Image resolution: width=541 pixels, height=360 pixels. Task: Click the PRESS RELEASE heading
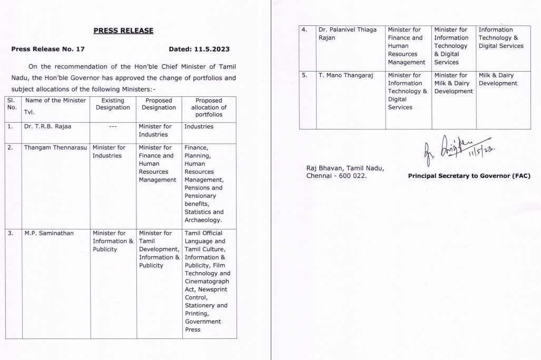pos(123,31)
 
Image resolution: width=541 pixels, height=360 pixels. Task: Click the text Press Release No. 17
pos(48,49)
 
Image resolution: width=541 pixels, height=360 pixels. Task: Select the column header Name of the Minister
pos(55,101)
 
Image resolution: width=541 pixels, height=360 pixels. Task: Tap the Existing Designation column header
pos(113,104)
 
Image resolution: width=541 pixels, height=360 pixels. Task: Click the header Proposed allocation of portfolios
pos(209,107)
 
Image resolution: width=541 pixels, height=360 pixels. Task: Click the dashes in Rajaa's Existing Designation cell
pos(112,127)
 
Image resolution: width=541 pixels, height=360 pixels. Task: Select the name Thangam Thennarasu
pos(56,148)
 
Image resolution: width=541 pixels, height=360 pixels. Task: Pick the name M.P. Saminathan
pos(48,233)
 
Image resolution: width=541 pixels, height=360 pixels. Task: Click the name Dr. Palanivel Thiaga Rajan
pos(348,34)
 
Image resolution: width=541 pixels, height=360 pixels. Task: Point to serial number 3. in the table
pos(11,233)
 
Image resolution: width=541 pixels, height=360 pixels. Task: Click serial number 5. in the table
pos(304,76)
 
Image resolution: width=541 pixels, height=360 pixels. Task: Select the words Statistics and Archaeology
pos(204,216)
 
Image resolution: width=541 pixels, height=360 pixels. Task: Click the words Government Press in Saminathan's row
pos(203,325)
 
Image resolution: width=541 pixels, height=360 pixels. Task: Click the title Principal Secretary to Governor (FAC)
pos(469,176)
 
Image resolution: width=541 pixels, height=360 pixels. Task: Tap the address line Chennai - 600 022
pos(337,176)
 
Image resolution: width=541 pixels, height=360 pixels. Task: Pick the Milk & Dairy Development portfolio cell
pos(498,79)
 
